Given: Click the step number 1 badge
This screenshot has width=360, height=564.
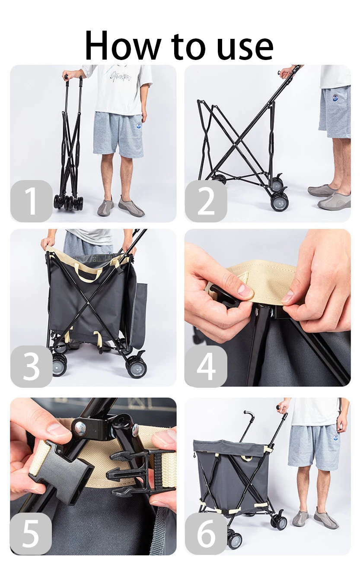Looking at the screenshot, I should coord(31,201).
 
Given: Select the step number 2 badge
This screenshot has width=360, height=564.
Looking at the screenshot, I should coord(206,201).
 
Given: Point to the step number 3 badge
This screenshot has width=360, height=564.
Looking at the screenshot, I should coord(31,366).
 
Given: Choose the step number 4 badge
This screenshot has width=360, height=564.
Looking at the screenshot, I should coord(206,366).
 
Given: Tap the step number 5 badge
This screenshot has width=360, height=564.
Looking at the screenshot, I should coord(31,534).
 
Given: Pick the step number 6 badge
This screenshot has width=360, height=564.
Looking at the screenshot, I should coord(206,534).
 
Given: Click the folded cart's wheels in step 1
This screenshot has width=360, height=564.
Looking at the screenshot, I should coord(68,202).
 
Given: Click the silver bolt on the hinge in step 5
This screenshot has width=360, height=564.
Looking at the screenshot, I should coord(80,427).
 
